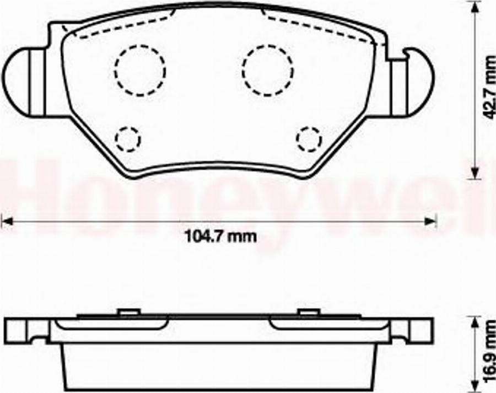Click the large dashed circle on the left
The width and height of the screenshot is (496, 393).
coord(140,69)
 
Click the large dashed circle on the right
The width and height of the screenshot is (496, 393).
coord(268,69)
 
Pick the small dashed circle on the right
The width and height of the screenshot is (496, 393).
coord(309,138)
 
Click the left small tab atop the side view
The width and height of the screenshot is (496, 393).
coord(128,313)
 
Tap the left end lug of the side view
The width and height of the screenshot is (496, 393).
coord(25,330)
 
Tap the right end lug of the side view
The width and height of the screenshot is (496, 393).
coord(413,330)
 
